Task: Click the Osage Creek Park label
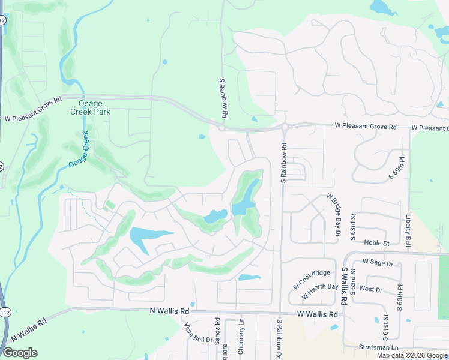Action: tap(90, 107)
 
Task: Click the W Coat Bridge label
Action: tap(312, 279)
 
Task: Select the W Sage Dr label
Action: tap(378, 263)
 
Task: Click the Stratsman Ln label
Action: tap(378, 347)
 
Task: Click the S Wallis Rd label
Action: tap(345, 286)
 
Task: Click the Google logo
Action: tap(20, 353)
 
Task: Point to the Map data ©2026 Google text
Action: tap(412, 356)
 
